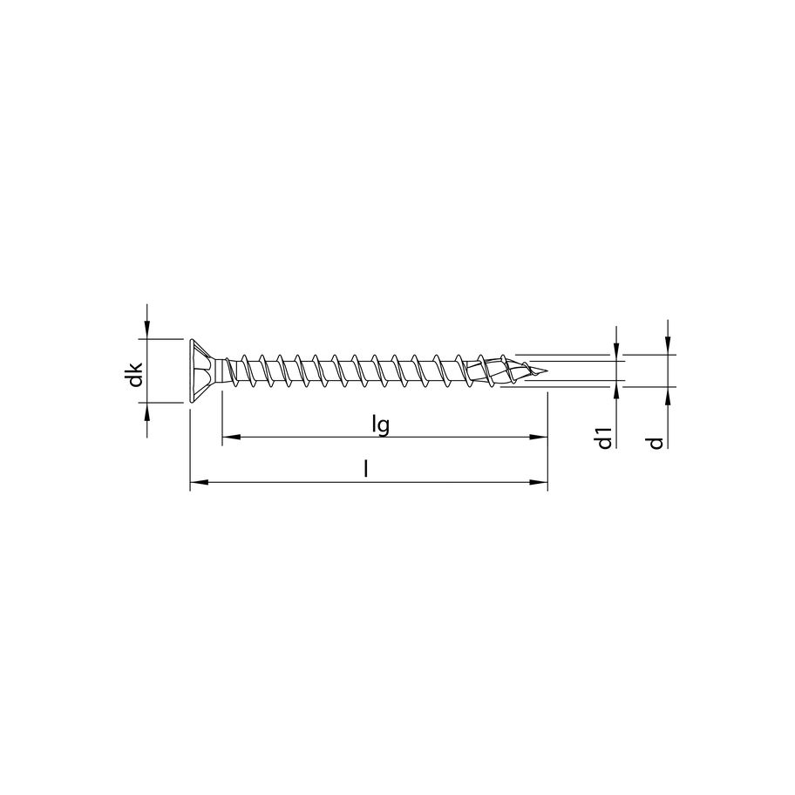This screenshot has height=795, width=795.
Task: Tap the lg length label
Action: (x=379, y=425)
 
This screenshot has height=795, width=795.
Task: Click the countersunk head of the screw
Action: (x=200, y=370)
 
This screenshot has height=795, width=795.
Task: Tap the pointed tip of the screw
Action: (x=544, y=372)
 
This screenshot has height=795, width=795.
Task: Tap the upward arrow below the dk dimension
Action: (x=146, y=411)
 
